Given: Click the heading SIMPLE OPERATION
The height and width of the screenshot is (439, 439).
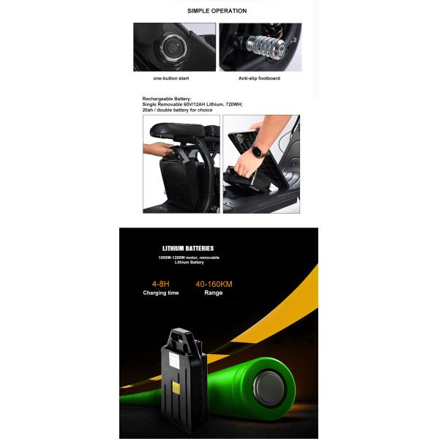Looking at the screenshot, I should [217, 11].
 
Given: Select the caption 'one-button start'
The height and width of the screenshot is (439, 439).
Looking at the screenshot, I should [172, 78].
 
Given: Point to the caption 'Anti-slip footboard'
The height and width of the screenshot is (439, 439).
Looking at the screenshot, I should [259, 78].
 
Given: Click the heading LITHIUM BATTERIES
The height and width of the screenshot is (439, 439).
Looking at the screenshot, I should [188, 249].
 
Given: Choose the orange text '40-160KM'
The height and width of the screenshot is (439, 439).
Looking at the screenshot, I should [213, 282].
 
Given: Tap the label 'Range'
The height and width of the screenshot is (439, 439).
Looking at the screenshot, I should [214, 293].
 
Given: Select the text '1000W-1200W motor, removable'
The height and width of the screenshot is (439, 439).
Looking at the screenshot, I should [188, 258].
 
